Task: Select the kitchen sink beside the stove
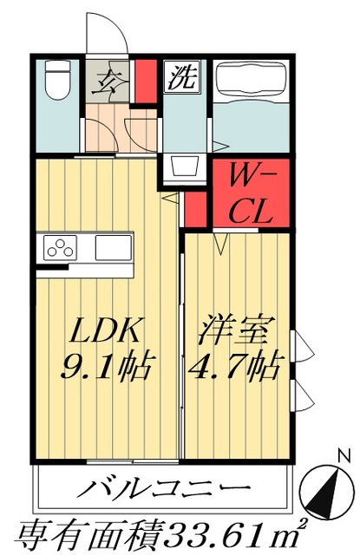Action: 114,249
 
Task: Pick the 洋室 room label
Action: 238,331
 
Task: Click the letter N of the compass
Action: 344,454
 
